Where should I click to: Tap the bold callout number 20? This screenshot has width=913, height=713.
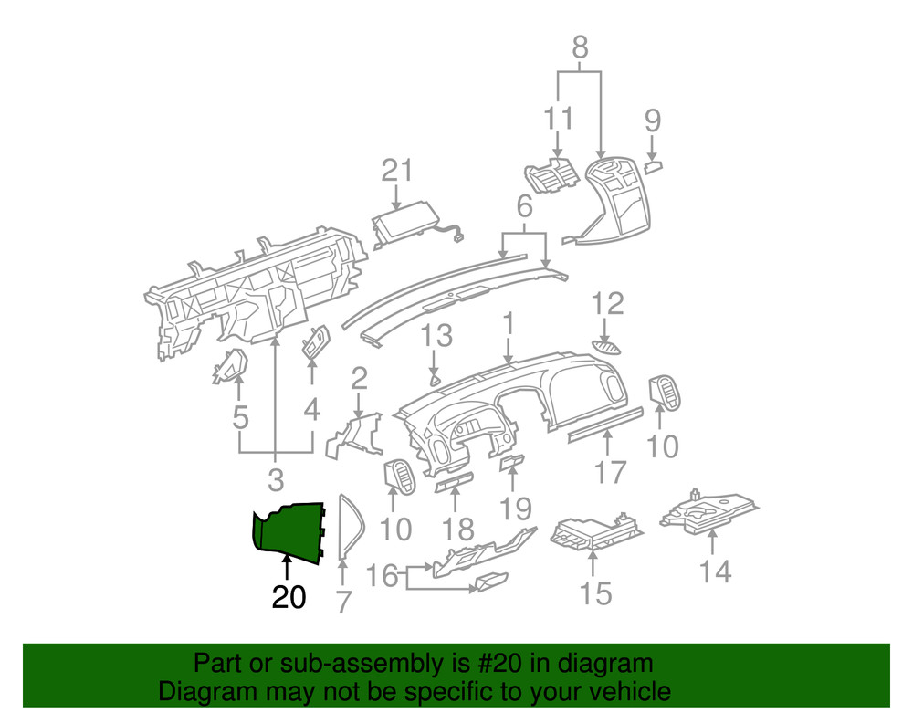click(x=289, y=597)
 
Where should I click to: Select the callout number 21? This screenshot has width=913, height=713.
click(x=397, y=171)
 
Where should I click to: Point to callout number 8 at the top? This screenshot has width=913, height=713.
click(x=580, y=47)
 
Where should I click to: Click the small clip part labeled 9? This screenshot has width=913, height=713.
click(x=654, y=166)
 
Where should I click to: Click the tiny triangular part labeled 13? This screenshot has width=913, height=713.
click(x=436, y=378)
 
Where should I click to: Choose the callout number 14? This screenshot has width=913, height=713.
click(x=716, y=571)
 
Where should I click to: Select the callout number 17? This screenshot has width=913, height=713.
click(x=611, y=472)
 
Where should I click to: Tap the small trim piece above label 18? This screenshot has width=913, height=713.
click(x=454, y=483)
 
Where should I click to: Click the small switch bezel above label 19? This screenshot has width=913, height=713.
click(x=512, y=464)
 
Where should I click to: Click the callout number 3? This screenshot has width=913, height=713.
click(x=275, y=477)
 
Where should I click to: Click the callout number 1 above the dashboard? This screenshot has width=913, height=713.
click(x=508, y=324)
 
